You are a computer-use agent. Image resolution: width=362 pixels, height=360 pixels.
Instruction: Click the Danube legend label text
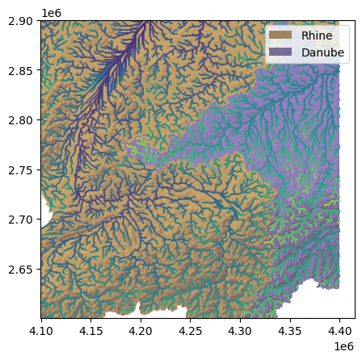pyautogui.click(x=322, y=52)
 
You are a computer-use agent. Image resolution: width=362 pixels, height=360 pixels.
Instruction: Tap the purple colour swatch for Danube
pyautogui.click(x=282, y=52)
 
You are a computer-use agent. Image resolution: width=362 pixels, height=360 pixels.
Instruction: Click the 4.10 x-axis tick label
pyautogui.click(x=41, y=330)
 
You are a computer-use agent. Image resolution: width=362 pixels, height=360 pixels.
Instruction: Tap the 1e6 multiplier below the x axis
pyautogui.click(x=343, y=345)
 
